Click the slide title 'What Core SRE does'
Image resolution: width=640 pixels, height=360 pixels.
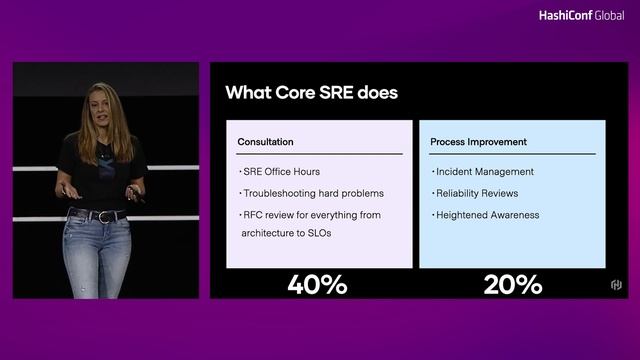[311, 93]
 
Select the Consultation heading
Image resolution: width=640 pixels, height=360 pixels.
[265, 142]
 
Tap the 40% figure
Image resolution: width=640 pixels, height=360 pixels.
[317, 284]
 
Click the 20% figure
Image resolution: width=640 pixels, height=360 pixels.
[512, 284]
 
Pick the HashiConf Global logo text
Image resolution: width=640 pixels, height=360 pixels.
[581, 15]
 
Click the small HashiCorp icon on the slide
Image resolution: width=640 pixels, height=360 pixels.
[616, 286]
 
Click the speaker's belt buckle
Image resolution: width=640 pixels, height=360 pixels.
[105, 216]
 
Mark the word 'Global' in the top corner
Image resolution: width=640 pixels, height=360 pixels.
[608, 15]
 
